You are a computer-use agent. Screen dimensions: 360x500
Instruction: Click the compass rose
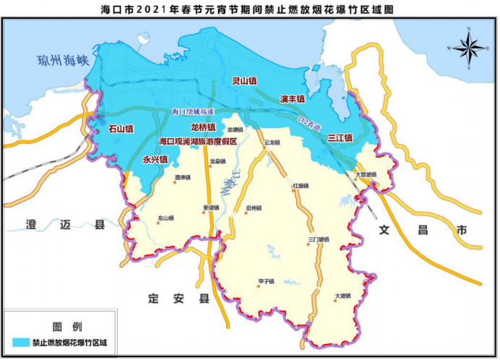tap(468, 48)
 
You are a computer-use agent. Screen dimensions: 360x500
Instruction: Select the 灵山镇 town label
tap(245, 82)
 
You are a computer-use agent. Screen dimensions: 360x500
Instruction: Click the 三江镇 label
tap(339, 137)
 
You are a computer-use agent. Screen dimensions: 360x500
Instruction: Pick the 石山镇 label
tap(121, 129)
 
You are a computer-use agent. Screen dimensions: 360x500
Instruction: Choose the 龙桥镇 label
tap(193, 127)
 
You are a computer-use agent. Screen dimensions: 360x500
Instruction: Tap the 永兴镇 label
tap(155, 159)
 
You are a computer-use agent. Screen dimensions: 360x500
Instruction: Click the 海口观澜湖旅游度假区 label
tap(198, 142)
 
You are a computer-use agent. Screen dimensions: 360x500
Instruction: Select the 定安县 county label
tap(176, 298)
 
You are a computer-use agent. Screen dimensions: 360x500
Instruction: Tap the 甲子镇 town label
tap(267, 281)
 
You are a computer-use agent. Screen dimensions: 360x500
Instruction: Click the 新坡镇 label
tap(210, 207)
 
